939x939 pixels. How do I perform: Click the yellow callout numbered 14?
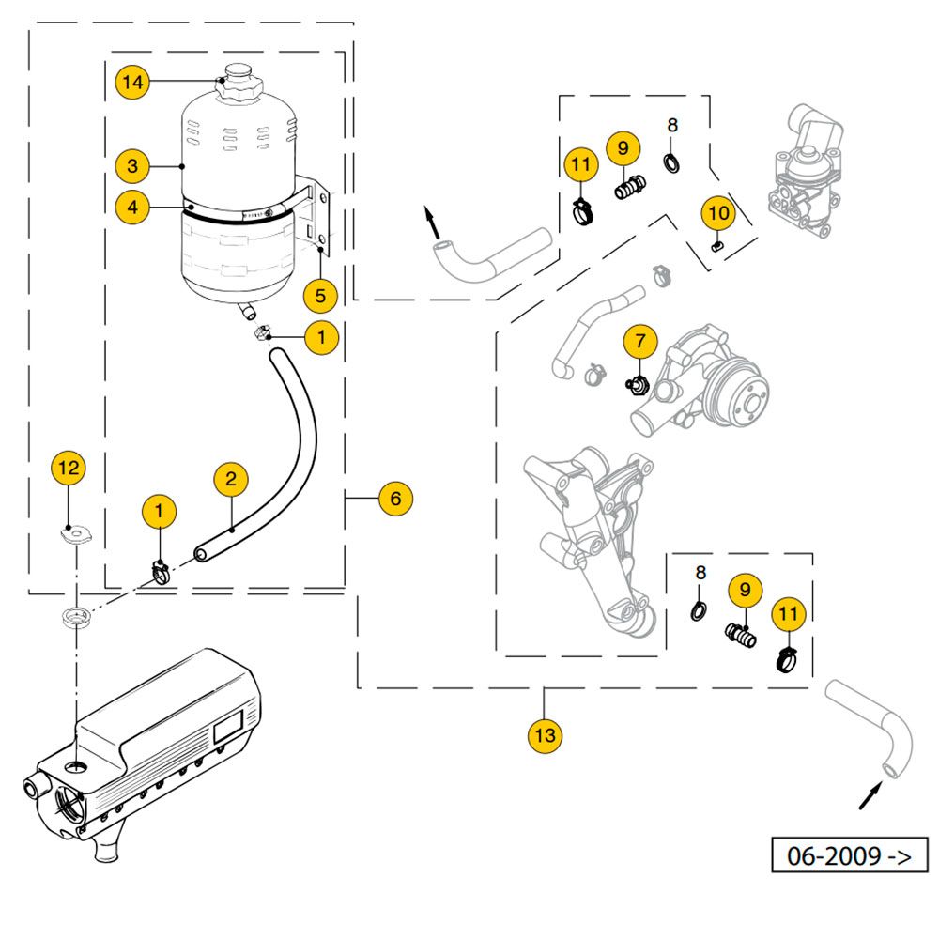click(132, 83)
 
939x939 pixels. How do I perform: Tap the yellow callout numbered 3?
click(132, 167)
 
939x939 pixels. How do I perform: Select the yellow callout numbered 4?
click(132, 206)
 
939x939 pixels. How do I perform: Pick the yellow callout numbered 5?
click(320, 296)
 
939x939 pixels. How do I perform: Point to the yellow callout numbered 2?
click(230, 479)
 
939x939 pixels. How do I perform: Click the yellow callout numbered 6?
click(395, 498)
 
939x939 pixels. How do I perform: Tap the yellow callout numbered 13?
click(546, 735)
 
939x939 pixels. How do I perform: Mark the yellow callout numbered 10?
click(718, 213)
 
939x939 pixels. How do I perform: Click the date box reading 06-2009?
click(849, 855)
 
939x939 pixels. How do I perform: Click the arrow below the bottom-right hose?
click(870, 796)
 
